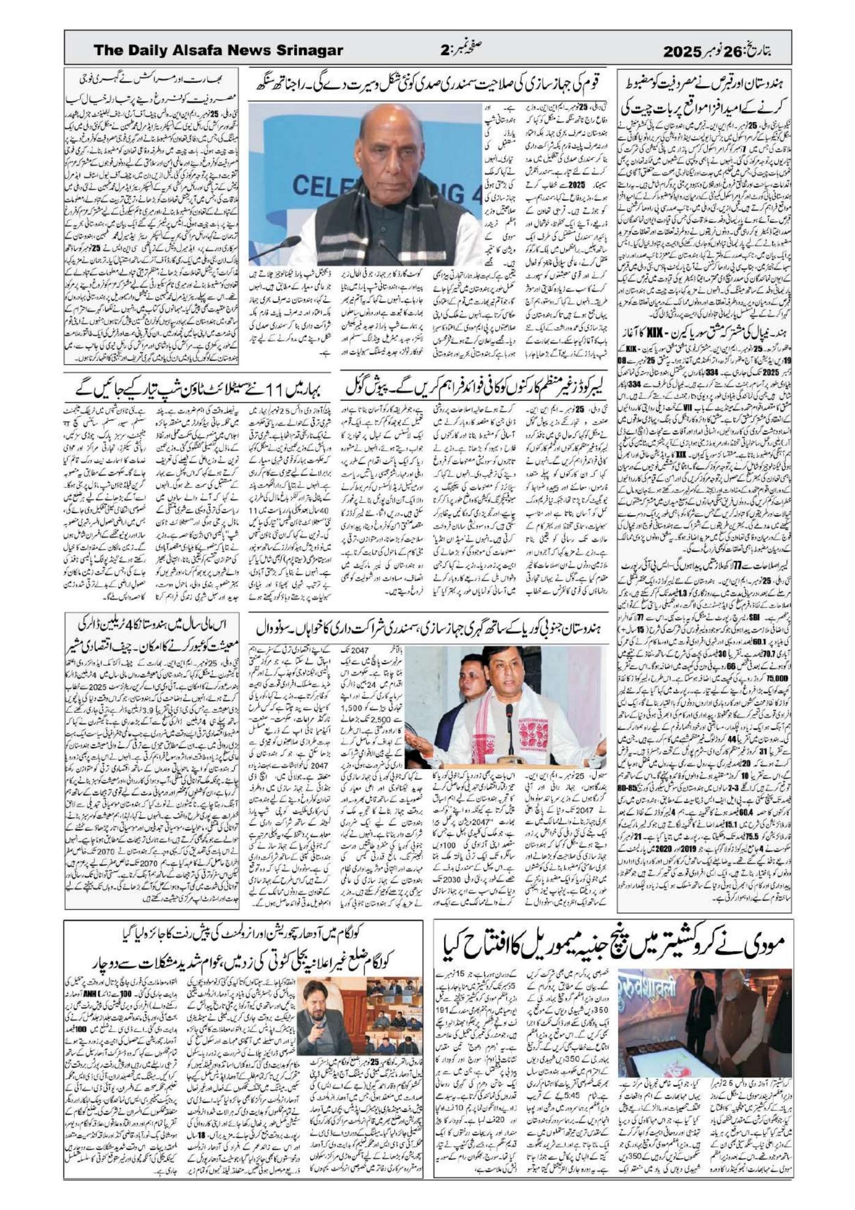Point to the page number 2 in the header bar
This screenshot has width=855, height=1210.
[444, 51]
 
